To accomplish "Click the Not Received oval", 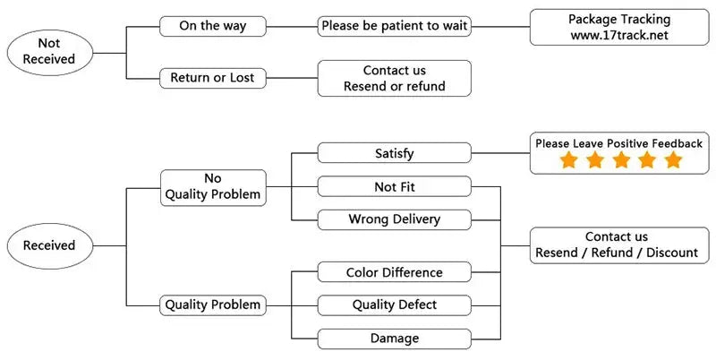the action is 50,53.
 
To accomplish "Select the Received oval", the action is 50,245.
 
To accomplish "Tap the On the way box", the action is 213,26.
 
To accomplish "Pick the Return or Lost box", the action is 213,78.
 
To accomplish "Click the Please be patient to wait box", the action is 395,26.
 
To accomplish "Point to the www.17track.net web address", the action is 619,36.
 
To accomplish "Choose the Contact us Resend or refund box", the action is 395,78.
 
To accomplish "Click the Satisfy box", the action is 395,152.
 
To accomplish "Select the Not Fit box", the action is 395,186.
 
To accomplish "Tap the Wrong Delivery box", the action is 395,219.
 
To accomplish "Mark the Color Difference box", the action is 395,272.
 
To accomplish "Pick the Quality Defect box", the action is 395,305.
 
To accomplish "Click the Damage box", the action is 395,339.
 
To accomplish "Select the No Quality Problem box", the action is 213,187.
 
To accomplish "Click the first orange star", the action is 568,160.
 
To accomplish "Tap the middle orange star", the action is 621,160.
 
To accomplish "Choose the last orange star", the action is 673,160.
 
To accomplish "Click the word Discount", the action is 672,253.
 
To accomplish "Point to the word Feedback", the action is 677,143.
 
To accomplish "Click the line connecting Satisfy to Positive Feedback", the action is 500,152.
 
